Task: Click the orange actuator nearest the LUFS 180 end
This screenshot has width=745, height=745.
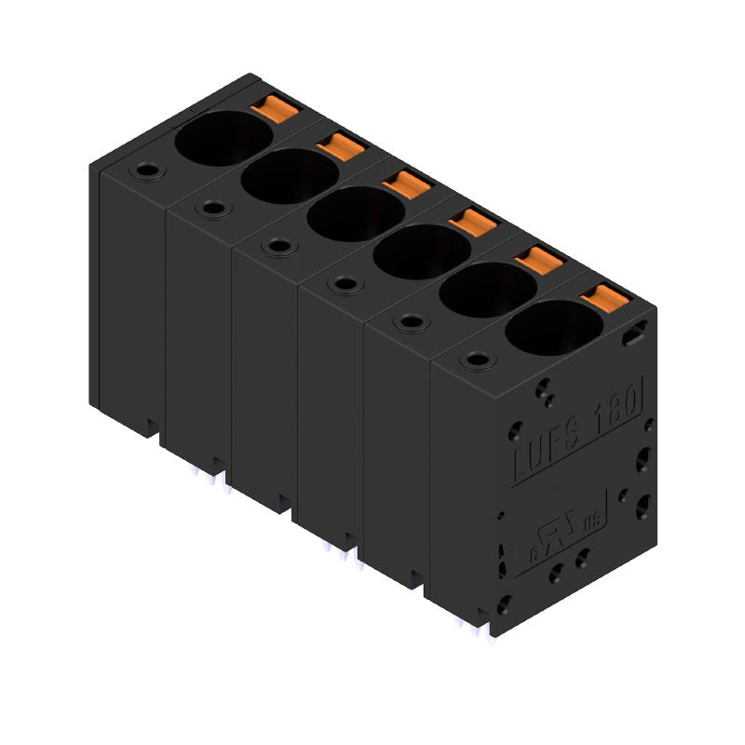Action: [601, 299]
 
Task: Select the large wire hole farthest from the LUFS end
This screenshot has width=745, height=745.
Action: [223, 139]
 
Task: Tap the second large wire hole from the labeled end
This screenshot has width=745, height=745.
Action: [486, 289]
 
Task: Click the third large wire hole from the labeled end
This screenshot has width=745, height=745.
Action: [421, 251]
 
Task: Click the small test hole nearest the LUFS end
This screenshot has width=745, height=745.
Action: [478, 359]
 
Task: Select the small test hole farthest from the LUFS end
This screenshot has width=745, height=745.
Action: [145, 170]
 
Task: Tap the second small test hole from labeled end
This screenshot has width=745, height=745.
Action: [411, 321]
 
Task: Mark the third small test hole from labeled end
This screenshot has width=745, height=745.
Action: [345, 283]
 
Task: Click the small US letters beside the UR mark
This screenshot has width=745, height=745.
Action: [592, 524]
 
